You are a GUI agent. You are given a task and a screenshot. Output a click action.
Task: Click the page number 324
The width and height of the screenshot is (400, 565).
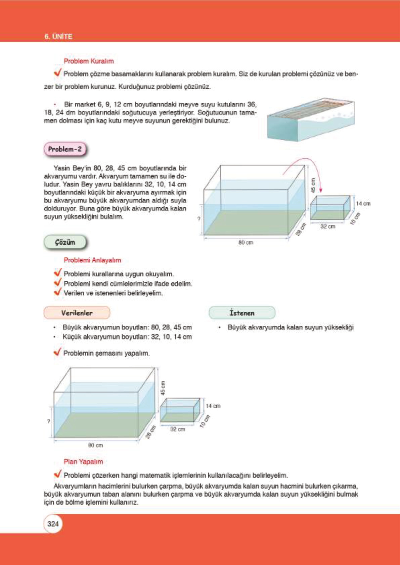coord(53,524)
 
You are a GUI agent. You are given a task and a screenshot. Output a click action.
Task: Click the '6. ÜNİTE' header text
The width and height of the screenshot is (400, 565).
coord(58,37)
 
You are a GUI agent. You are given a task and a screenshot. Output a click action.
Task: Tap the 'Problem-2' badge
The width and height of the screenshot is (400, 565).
coord(65,149)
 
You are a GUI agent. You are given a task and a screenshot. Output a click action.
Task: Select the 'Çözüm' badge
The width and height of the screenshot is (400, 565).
coord(65,242)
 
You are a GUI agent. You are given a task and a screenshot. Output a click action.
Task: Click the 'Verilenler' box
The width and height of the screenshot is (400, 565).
coord(77,313)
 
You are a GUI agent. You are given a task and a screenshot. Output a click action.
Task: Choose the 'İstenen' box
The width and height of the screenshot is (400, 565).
coord(242,313)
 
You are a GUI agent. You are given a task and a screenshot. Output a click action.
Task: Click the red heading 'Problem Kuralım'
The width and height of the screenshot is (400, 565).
coord(89,61)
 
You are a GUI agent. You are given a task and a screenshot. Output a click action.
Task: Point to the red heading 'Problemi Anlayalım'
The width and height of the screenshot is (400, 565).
coord(92,260)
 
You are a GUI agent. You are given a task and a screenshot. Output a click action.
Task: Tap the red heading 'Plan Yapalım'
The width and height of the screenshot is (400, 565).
coord(83,462)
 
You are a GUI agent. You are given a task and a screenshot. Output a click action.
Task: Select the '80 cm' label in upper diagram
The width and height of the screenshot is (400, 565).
coord(246,242)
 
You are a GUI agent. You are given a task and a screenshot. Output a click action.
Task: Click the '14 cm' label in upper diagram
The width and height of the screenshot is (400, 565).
coord(363,204)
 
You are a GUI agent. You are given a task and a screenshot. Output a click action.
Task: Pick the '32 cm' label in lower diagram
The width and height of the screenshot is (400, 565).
coord(177,429)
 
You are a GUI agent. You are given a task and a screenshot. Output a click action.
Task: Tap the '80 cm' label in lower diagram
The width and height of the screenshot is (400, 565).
coord(95,445)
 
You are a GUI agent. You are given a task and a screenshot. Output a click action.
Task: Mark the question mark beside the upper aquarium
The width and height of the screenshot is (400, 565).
coord(199,219)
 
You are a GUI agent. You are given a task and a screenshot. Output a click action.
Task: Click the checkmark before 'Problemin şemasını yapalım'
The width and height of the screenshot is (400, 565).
coord(57,352)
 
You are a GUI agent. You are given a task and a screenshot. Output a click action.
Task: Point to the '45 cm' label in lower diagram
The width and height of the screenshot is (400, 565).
coord(163,388)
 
